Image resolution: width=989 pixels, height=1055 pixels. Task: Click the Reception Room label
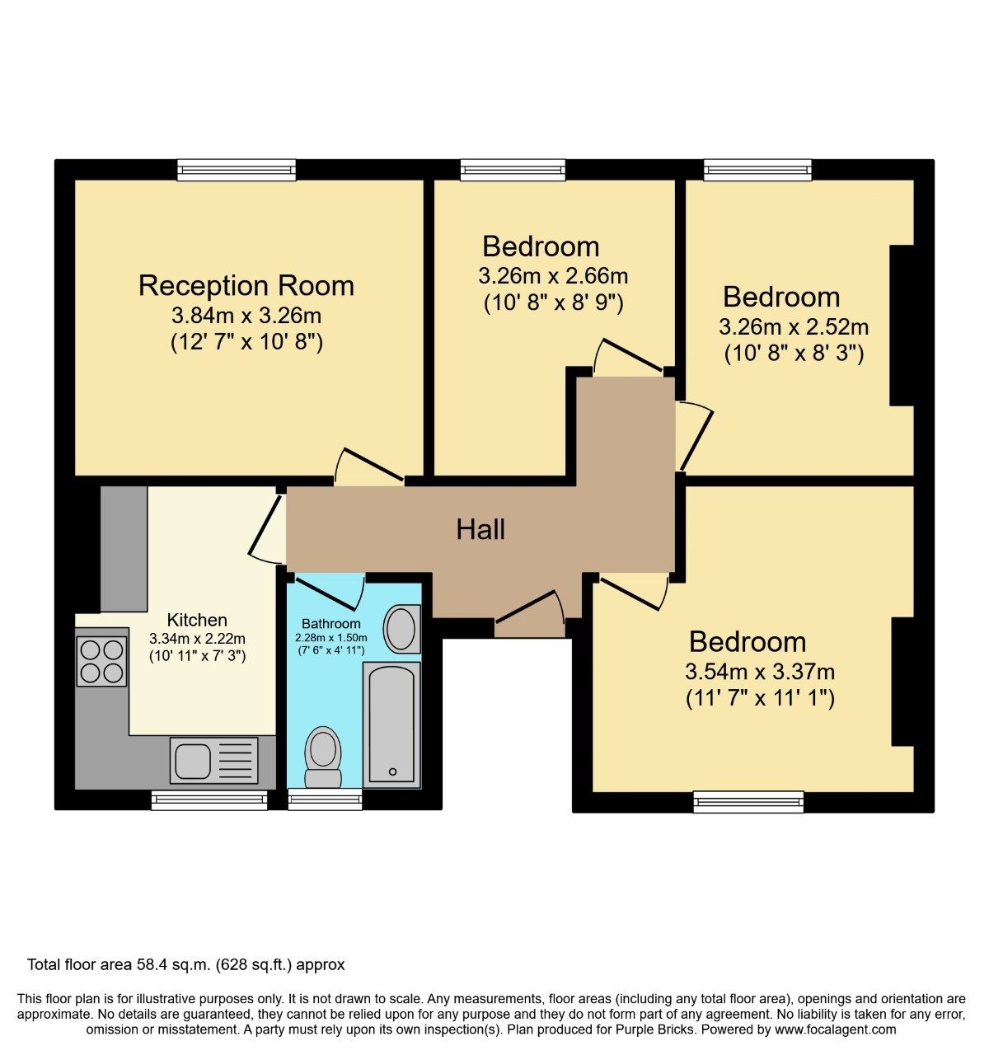[246, 285]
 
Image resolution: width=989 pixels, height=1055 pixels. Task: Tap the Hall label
[480, 529]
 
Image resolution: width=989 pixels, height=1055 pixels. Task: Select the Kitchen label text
[197, 620]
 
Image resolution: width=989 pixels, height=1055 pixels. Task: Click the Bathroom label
[330, 624]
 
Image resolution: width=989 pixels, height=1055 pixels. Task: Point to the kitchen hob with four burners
[101, 662]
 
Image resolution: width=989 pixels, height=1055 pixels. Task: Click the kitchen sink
[213, 760]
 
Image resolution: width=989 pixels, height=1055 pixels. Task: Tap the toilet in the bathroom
[323, 757]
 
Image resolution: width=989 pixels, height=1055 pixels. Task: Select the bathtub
[391, 724]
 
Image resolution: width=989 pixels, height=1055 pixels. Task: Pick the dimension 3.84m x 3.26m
[246, 315]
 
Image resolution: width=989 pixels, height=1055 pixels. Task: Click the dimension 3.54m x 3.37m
[760, 671]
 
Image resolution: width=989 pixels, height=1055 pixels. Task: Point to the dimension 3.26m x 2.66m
[552, 275]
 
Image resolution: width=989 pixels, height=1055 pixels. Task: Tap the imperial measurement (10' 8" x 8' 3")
[794, 354]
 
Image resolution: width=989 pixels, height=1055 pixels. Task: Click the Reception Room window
[237, 170]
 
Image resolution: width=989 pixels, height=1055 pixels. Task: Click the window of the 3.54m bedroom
[748, 801]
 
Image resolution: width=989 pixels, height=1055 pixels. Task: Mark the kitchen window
[209, 798]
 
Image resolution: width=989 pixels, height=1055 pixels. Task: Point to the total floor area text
[185, 964]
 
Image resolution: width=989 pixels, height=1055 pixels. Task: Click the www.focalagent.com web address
[835, 1029]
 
